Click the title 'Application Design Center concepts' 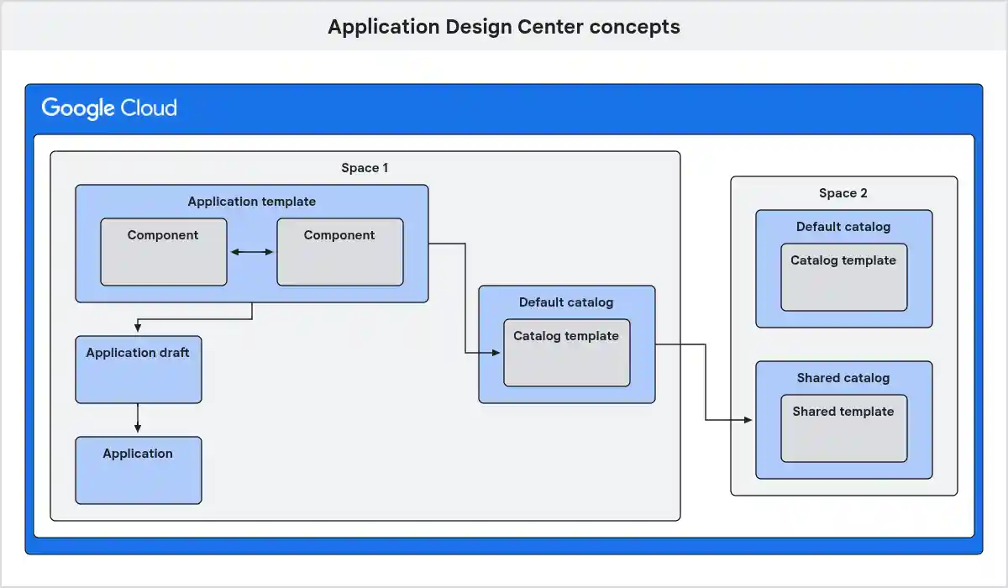503,27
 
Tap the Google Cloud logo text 109,108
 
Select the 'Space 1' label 365,168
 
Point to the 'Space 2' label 843,193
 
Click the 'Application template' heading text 252,202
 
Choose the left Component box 164,252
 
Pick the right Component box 340,252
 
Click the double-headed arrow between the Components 252,252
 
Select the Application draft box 139,370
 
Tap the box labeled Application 139,470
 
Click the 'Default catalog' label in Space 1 566,302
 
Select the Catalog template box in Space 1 567,353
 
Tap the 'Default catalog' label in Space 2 843,227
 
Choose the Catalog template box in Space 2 844,277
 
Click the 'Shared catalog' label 843,378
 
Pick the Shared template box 844,428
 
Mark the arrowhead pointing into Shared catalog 749,420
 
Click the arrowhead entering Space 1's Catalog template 497,353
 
